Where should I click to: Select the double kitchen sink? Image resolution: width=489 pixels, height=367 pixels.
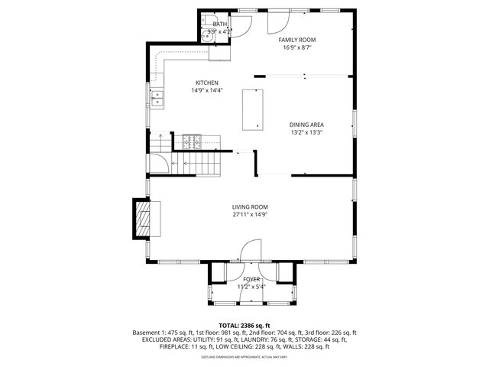pos(157,97)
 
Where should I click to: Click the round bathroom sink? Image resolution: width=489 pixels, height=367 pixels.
pos(208,35)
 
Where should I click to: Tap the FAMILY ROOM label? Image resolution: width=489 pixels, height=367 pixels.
pos(296,39)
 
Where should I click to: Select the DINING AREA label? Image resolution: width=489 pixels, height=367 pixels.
pos(306,125)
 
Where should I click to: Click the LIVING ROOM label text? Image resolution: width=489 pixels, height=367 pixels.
pos(250,207)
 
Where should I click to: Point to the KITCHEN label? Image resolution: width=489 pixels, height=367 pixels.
pos(206,83)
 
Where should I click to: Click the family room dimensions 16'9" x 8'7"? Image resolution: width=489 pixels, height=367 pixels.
pos(296,47)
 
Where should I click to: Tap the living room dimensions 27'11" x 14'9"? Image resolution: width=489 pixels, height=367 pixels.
pos(250,215)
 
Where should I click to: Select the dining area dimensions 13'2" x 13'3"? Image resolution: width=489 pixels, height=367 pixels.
pos(306,132)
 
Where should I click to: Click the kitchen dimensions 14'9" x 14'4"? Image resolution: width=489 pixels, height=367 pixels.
pos(206,90)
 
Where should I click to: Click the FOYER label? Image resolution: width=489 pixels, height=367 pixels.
pos(251,279)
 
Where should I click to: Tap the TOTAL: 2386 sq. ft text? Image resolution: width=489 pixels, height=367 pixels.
pos(244,326)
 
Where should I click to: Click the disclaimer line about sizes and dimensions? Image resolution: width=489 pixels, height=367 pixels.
pos(244,356)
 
